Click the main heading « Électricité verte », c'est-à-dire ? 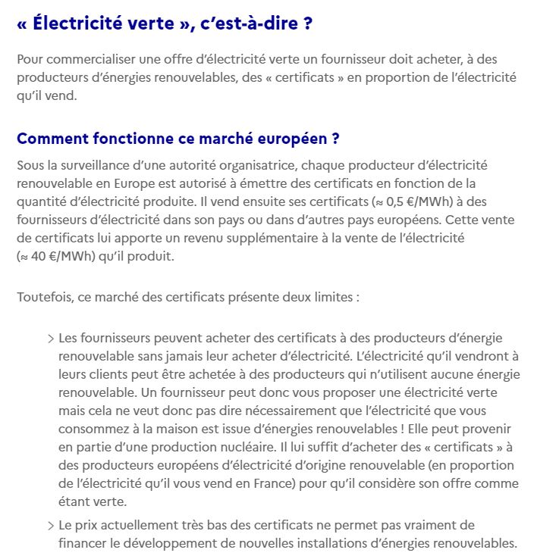(x=164, y=23)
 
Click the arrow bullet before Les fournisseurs (x=51, y=338)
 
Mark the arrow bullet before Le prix (x=51, y=526)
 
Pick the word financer (x=84, y=544)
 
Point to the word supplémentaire (x=291, y=238)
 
